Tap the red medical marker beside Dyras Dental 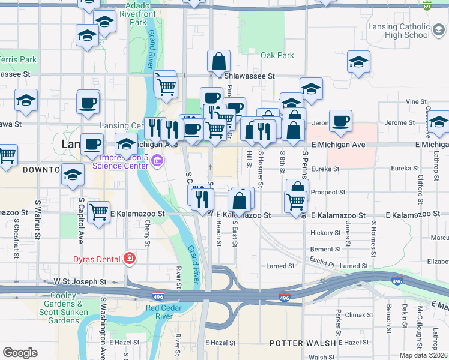click(129, 259)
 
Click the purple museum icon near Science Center click(157, 161)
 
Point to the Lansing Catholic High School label click(399, 31)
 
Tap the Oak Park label click(277, 55)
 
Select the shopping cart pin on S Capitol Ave click(98, 211)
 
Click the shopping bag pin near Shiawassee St click(218, 61)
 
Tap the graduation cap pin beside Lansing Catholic click(358, 62)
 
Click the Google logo click(20, 353)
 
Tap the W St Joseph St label click(80, 281)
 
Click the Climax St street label click(359, 314)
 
